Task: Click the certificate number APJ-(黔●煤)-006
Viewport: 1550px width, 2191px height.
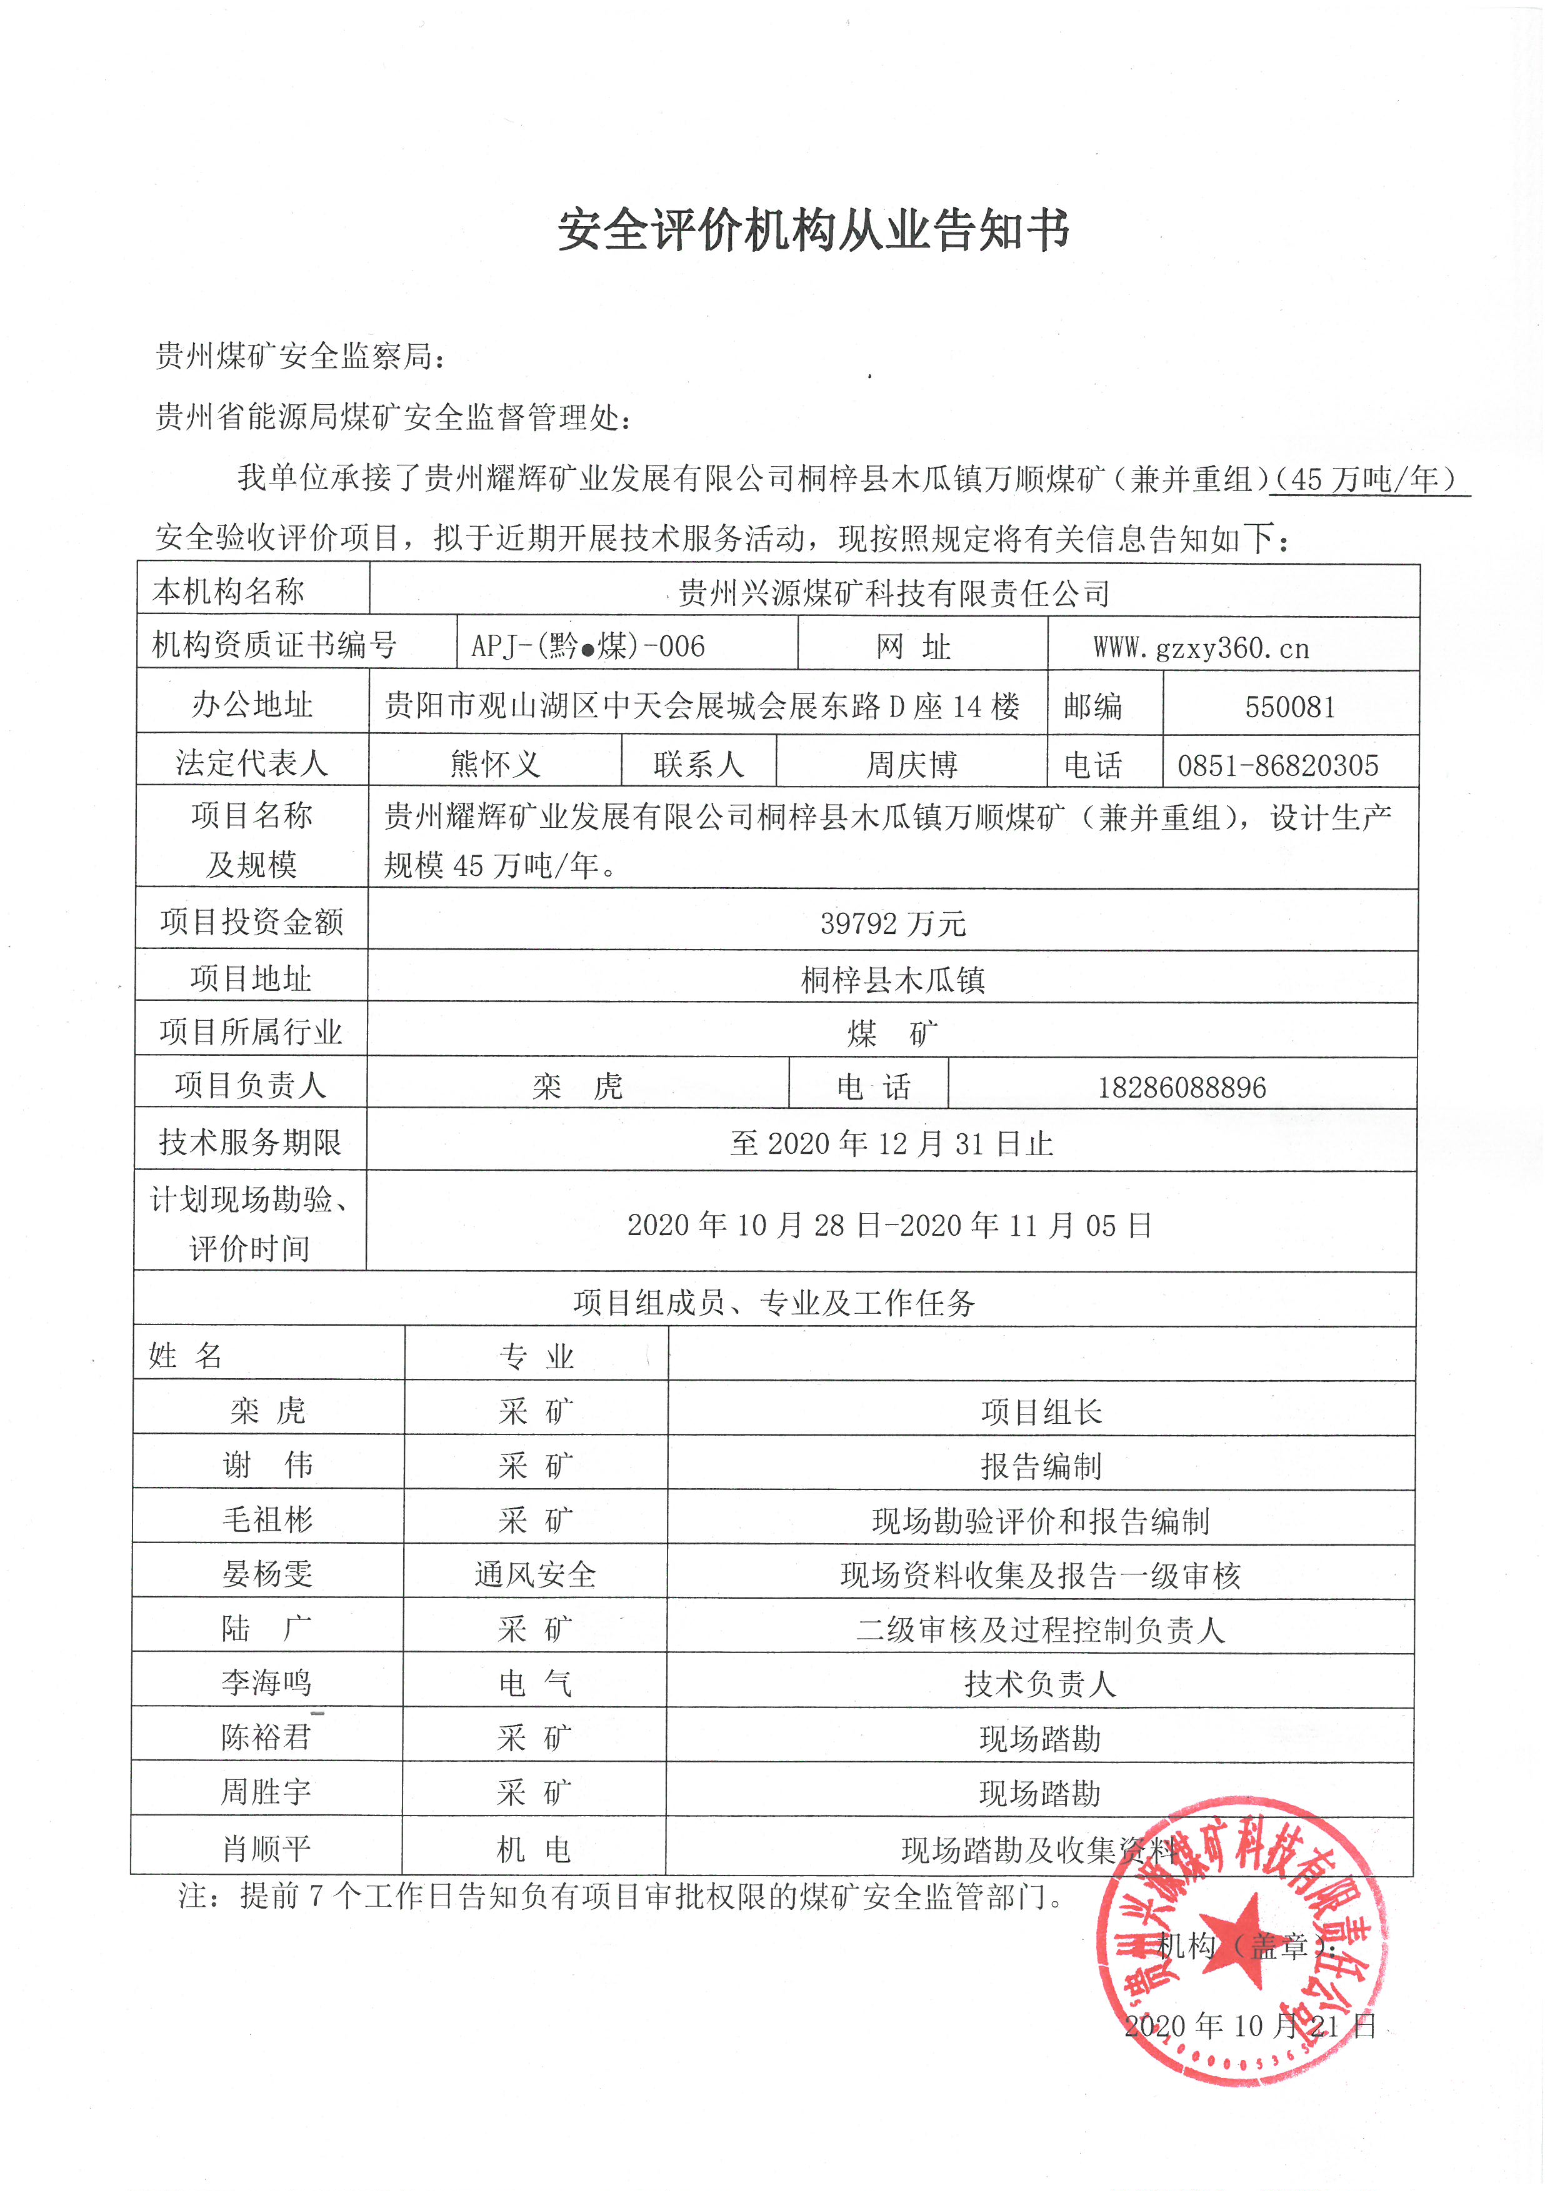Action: point(588,646)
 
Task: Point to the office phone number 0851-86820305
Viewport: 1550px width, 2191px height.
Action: point(1277,764)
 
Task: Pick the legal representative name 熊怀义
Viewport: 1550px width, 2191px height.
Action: point(494,763)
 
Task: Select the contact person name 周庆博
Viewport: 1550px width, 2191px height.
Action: point(911,764)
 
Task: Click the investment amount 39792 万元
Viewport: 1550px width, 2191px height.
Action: point(892,923)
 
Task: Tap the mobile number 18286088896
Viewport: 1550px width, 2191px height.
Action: point(1182,1087)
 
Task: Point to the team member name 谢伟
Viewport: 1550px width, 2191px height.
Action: point(267,1465)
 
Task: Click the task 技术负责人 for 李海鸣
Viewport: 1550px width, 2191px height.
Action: point(1039,1683)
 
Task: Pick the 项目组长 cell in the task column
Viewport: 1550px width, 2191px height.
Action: point(1041,1411)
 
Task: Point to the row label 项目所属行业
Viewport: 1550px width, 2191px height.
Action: point(251,1031)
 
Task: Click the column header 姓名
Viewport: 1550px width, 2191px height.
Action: point(186,1355)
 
